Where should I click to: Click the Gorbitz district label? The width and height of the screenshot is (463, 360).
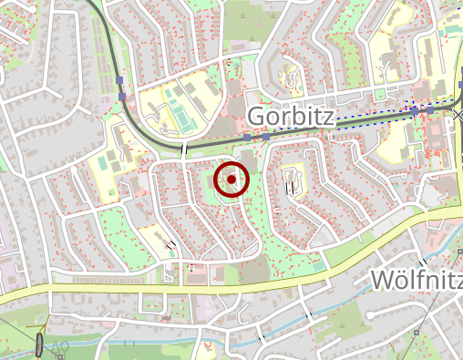291,117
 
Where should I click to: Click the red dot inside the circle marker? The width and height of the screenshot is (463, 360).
232,180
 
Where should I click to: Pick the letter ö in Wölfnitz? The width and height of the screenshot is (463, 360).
406,279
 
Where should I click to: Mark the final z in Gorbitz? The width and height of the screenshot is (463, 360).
328,117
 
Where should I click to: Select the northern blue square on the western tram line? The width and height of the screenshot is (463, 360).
120,82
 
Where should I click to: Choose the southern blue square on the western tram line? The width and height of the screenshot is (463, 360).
121,96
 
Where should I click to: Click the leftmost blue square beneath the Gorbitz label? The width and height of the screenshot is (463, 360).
247,138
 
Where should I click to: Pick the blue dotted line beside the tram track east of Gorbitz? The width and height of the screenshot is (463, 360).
383,116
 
